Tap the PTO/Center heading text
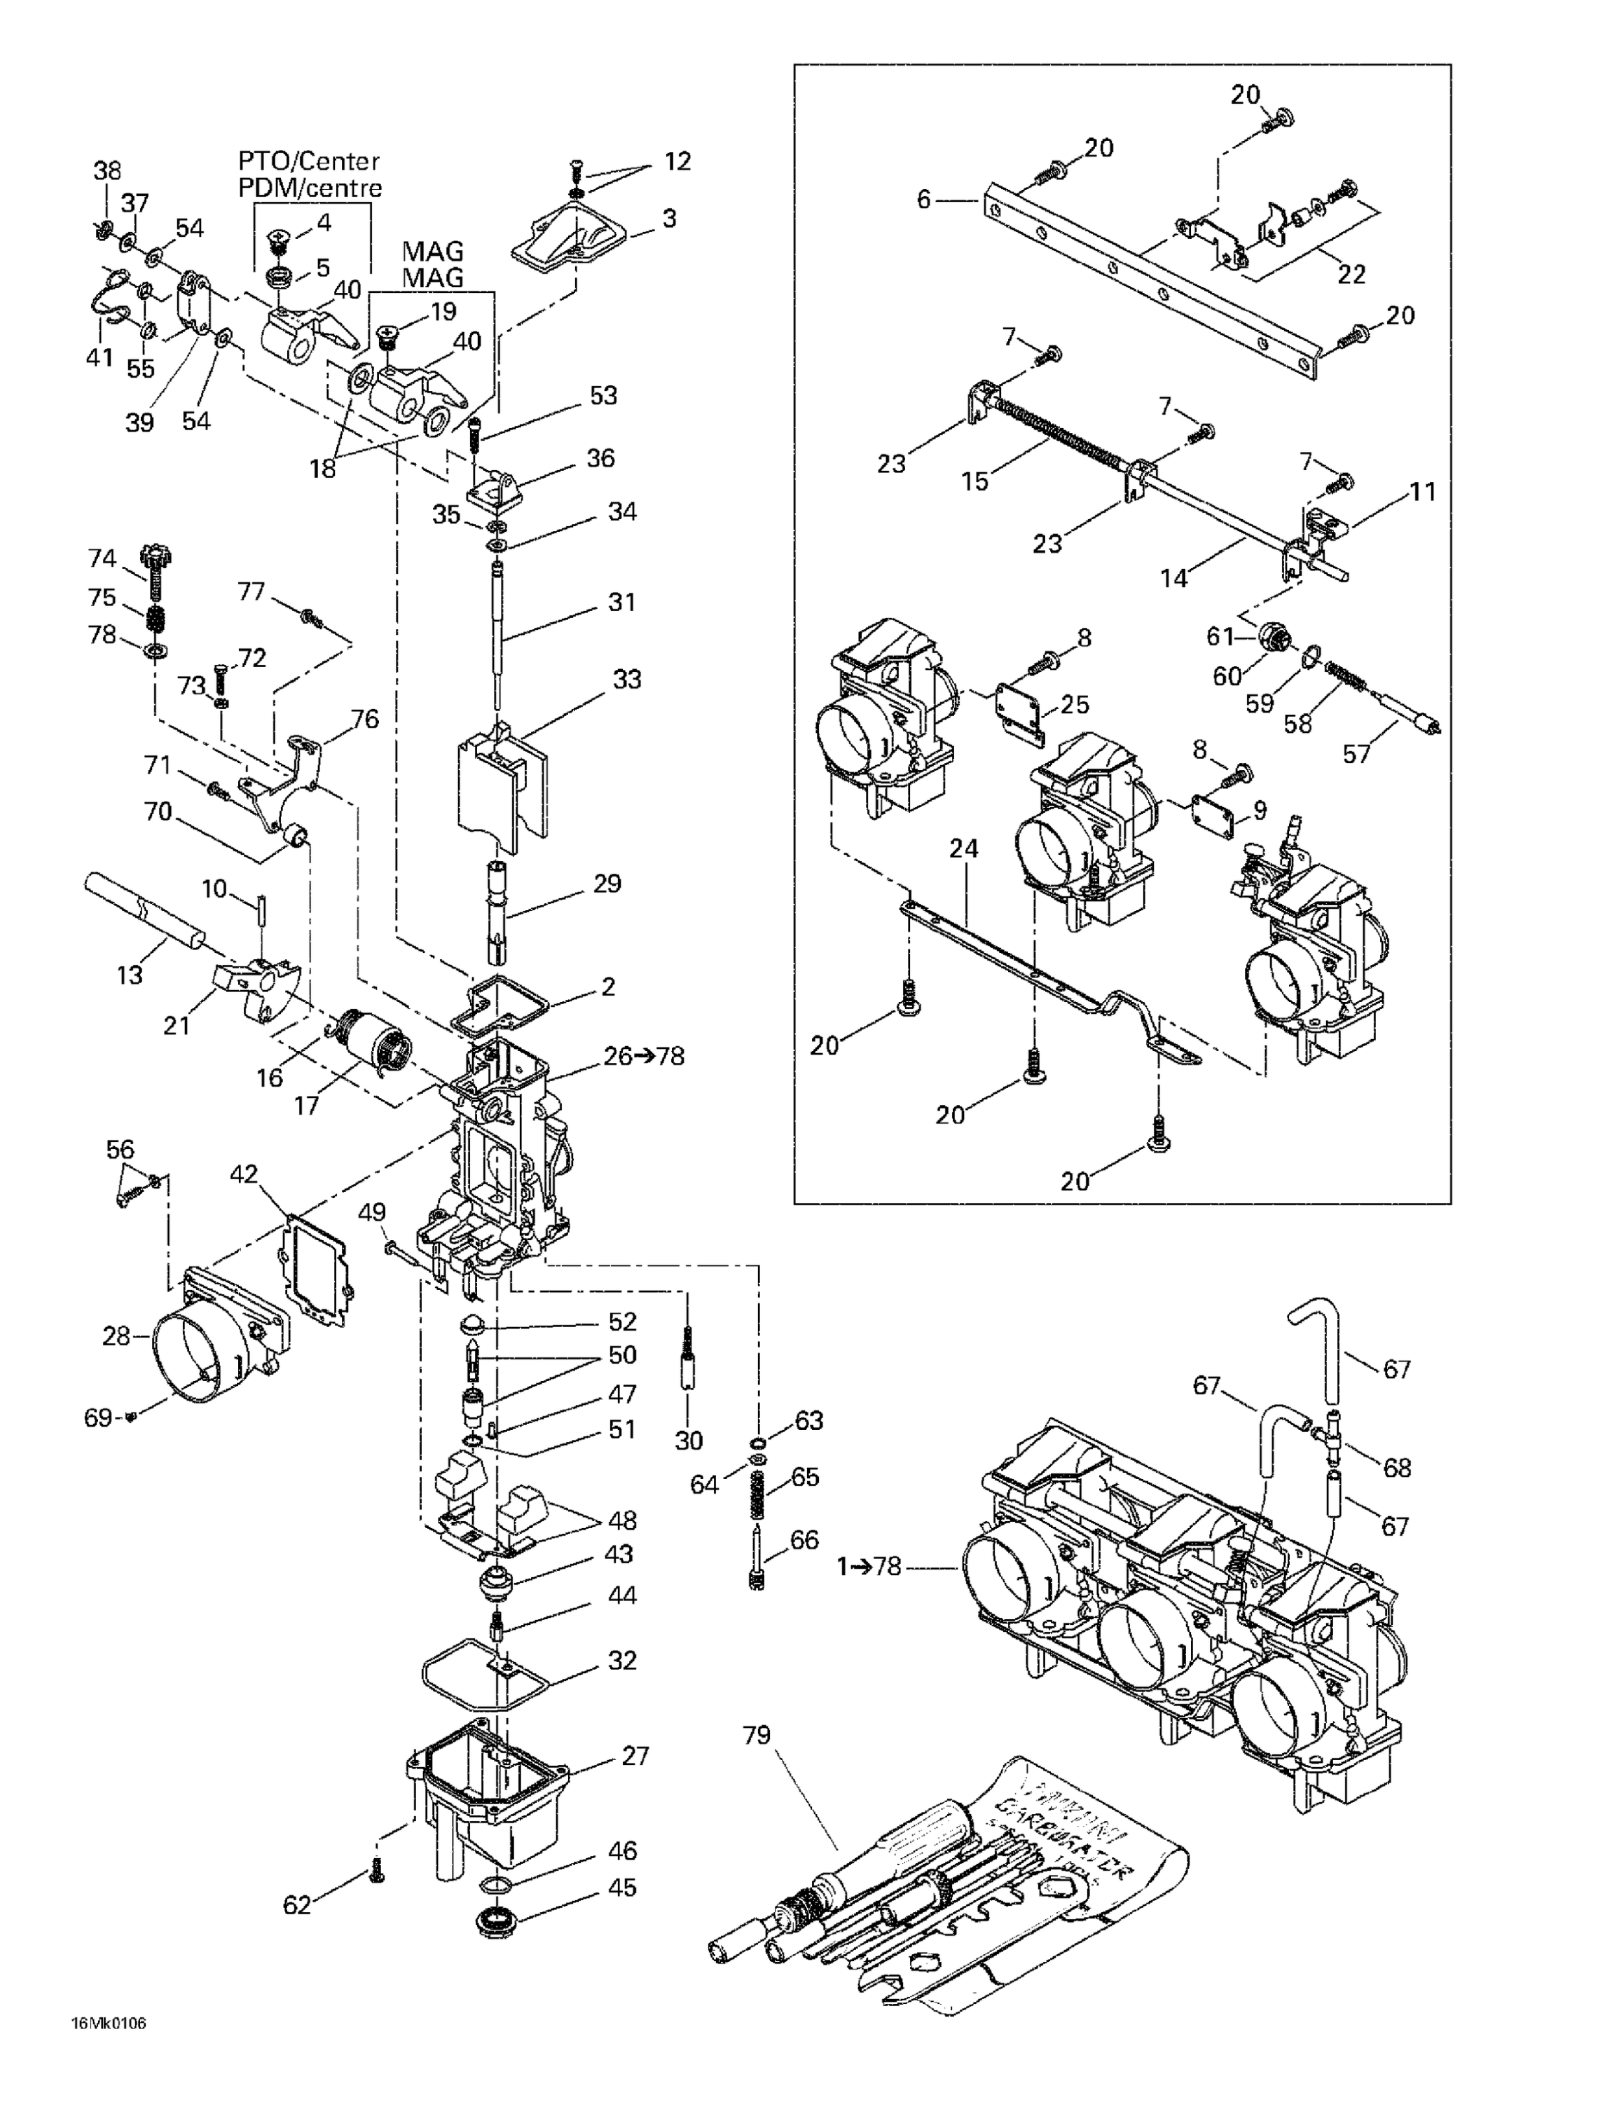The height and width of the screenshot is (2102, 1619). click(x=309, y=160)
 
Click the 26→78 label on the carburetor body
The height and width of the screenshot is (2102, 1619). click(x=644, y=1056)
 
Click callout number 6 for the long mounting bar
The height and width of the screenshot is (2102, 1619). click(x=924, y=200)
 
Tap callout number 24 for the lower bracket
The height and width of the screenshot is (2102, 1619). click(x=963, y=848)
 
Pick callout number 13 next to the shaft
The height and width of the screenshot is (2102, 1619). click(x=130, y=975)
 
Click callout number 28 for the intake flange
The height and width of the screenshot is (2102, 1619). click(x=116, y=1336)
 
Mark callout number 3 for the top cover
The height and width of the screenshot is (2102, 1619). click(x=669, y=219)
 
